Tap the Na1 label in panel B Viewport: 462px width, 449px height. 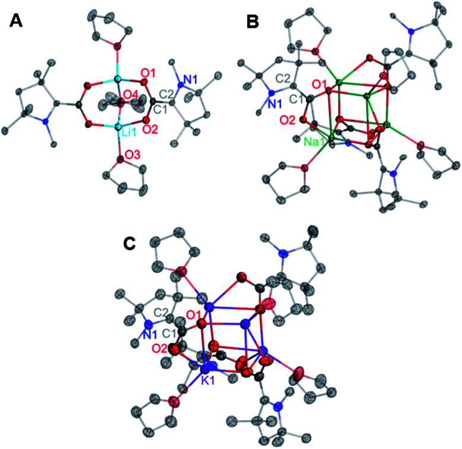coord(318,142)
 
